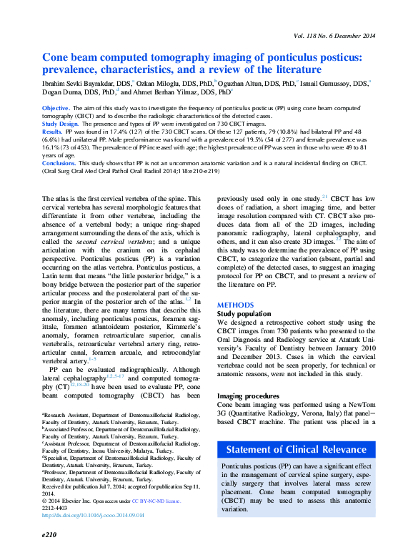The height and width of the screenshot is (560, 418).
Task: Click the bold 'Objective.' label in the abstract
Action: pyautogui.click(x=56, y=107)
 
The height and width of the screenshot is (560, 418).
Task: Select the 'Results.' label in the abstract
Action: pyautogui.click(x=52, y=132)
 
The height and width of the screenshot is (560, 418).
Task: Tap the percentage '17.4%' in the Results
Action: pyautogui.click(x=115, y=132)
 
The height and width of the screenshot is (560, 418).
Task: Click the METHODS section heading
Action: pyautogui.click(x=234, y=305)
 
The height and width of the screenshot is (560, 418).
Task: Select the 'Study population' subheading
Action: pyautogui.click(x=244, y=313)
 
